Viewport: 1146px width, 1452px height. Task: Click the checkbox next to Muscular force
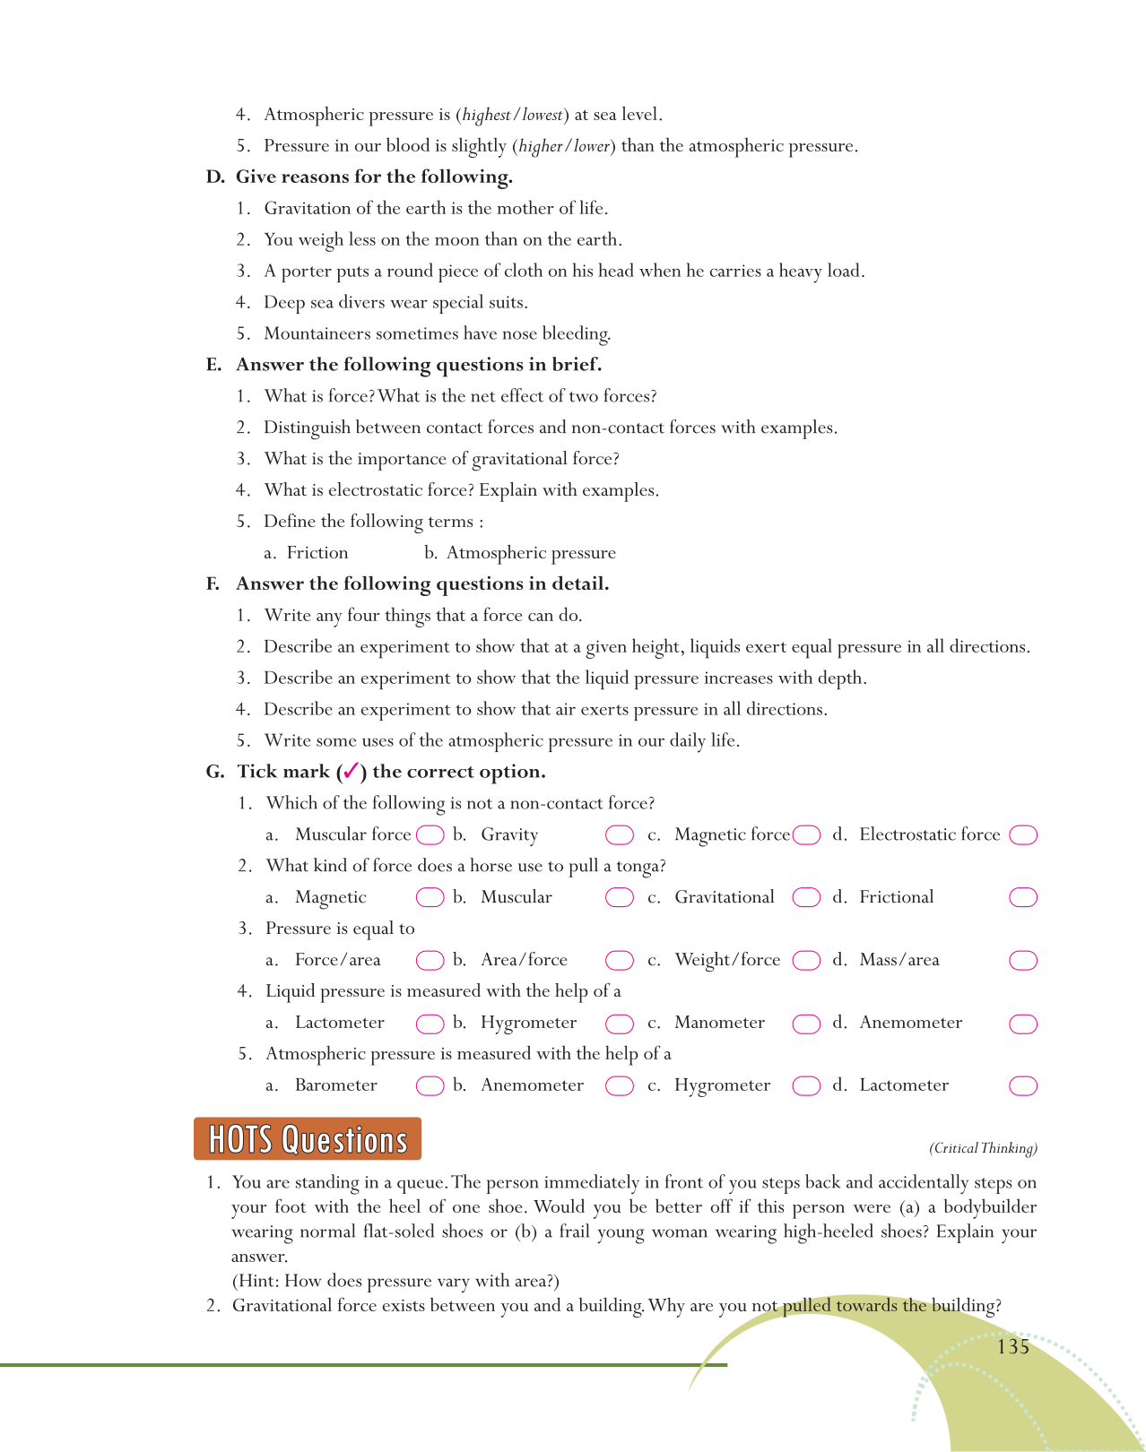tap(430, 835)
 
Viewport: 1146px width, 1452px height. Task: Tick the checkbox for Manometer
tap(806, 1024)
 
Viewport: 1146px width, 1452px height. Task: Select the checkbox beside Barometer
tap(430, 1086)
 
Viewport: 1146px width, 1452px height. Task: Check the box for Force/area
tap(430, 961)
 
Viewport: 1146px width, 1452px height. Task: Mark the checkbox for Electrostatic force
tap(1023, 835)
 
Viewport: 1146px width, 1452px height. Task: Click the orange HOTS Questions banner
tap(308, 1139)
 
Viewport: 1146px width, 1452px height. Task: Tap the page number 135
tap(1012, 1347)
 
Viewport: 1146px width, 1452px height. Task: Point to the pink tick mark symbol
tap(352, 771)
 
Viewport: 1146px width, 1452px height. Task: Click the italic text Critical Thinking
tap(983, 1148)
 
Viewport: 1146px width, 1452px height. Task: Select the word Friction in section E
tap(317, 553)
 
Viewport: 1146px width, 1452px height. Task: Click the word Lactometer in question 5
tap(904, 1085)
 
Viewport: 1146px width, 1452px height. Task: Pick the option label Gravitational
tap(725, 897)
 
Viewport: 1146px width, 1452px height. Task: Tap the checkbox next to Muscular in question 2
tap(620, 898)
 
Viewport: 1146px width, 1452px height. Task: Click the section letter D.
tap(214, 177)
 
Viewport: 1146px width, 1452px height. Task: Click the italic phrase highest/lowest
tap(512, 115)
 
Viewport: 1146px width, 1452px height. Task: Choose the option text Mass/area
tap(899, 960)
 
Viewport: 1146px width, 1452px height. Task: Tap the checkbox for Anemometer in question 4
tap(1023, 1024)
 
